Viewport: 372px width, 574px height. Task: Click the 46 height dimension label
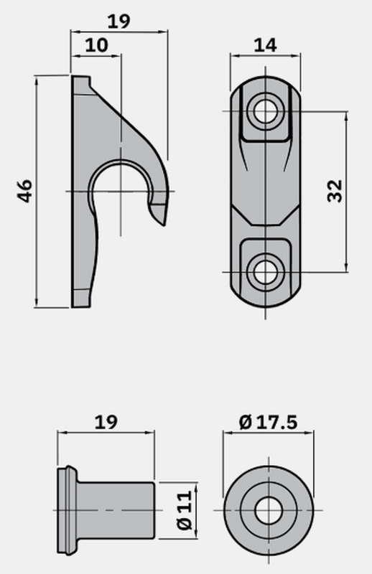point(25,191)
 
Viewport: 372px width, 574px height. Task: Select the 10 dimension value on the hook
point(97,45)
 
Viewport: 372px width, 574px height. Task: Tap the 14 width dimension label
point(265,45)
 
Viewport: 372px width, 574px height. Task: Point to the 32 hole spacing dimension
point(334,191)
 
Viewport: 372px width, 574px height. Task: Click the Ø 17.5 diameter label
point(269,422)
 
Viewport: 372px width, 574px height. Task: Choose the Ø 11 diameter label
point(185,510)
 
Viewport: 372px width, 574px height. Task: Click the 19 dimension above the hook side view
point(118,22)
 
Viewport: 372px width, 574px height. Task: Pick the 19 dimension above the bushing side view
point(106,422)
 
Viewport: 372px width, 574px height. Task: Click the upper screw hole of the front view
point(265,111)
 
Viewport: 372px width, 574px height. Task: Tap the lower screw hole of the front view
point(265,272)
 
